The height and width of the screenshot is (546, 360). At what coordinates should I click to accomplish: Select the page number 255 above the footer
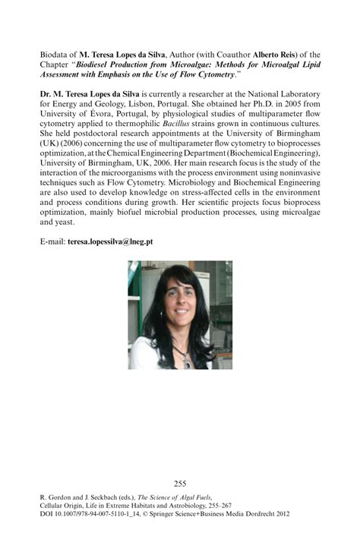pyautogui.click(x=180, y=483)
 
